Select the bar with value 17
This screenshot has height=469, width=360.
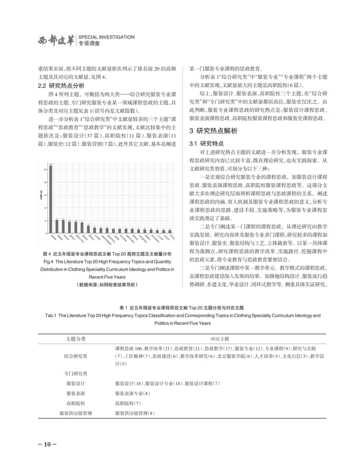tap(82, 227)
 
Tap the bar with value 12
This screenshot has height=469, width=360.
tap(88, 229)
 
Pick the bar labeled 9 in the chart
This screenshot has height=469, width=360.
tap(94, 230)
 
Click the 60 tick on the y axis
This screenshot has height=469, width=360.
tap(46, 195)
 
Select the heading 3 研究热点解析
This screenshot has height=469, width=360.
tap(213, 131)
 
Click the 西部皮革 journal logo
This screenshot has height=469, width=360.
tap(56, 41)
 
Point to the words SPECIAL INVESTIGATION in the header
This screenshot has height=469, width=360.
tap(106, 37)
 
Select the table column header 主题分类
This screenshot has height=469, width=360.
tap(76, 339)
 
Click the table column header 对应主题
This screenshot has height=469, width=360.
tap(220, 339)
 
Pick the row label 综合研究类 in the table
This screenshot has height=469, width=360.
tap(76, 356)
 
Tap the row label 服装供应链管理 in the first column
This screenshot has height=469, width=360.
tap(76, 413)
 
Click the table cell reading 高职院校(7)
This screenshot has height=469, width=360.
tap(128, 403)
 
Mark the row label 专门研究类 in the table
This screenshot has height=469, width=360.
tap(76, 374)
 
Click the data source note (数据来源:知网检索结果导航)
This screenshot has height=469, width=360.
tap(107, 285)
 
